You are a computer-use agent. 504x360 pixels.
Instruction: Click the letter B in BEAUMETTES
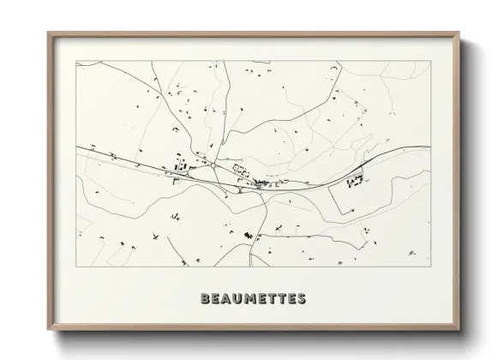204,299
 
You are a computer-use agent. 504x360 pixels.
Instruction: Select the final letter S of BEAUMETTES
301,299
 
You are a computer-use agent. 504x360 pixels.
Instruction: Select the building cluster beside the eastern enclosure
355,180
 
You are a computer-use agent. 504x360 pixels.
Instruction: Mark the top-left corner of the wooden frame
49,33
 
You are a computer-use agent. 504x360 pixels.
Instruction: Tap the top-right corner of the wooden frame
459,33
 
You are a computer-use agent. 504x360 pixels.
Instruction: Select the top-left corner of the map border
77,61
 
